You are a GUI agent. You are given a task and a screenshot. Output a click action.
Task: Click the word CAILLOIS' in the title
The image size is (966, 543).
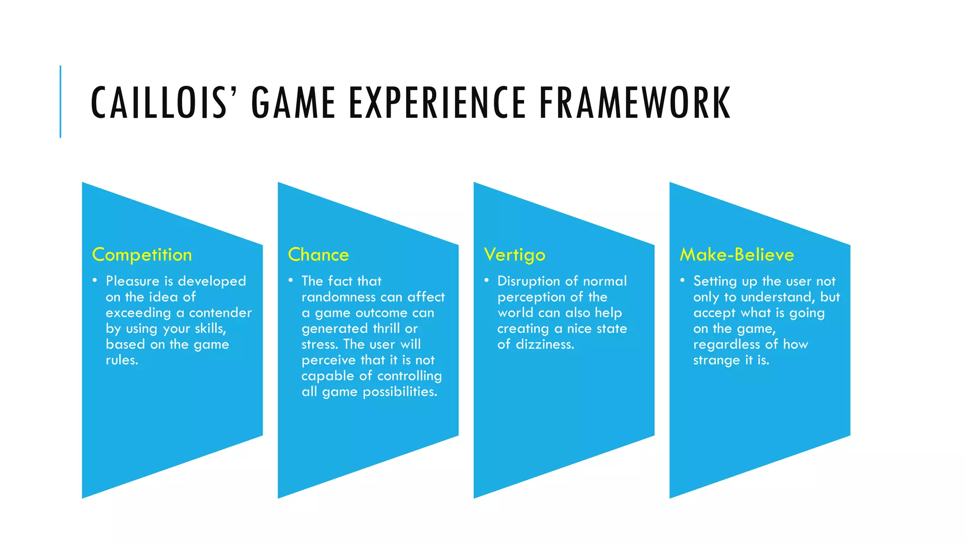163,102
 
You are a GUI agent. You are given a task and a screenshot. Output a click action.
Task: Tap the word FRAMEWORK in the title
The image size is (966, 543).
635,102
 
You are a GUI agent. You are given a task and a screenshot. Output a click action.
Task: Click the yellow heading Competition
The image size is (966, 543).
142,255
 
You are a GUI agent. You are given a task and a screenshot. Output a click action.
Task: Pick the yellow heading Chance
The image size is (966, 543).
318,255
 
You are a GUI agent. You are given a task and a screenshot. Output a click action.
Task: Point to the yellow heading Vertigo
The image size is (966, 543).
515,255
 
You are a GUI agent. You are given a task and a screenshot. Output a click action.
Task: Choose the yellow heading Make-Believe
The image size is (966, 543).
737,255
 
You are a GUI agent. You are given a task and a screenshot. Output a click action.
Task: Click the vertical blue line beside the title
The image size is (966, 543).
60,101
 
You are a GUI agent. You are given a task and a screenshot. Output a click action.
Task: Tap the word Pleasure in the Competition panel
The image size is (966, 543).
133,281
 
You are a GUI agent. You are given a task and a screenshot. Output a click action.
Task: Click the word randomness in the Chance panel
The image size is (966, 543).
338,297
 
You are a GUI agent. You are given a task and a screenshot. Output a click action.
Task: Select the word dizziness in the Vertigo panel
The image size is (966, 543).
545,345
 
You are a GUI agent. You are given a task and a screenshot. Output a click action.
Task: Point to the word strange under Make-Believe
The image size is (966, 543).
716,361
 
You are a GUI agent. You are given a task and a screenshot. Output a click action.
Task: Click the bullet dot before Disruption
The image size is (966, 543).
486,280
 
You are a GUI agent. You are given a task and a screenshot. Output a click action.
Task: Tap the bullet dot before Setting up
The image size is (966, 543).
682,280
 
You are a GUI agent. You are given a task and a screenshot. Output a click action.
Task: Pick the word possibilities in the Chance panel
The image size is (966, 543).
400,392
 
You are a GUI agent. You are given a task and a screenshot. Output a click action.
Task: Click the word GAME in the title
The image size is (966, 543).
293,102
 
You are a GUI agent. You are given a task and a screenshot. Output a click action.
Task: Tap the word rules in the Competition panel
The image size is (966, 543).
121,361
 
